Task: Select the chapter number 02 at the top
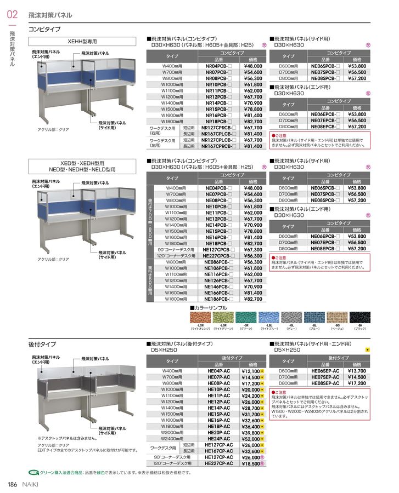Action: pos(12,15)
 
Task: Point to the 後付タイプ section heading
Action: pos(42,344)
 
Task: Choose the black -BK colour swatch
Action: pos(360,317)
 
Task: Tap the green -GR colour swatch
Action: pos(245,317)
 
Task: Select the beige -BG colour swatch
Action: pos(337,317)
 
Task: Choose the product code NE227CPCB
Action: pos(218,256)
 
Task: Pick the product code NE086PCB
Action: pos(218,262)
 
